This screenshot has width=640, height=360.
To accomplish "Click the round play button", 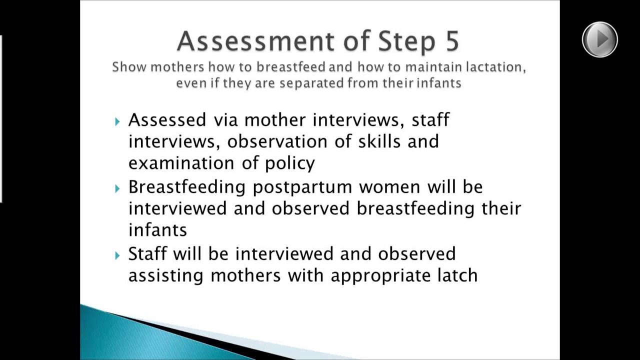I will coord(599,39).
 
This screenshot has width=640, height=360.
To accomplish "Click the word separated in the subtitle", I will coord(311,83).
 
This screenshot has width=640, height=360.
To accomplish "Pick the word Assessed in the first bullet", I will coord(167,120).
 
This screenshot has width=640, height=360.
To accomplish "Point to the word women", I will coord(389,187).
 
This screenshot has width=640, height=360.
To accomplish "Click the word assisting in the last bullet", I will coord(165,275).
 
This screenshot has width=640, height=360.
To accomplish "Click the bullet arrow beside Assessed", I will coord(117,121).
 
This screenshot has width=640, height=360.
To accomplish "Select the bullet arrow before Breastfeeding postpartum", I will coord(117,188).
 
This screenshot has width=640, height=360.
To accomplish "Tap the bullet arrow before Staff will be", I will coord(117,255).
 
